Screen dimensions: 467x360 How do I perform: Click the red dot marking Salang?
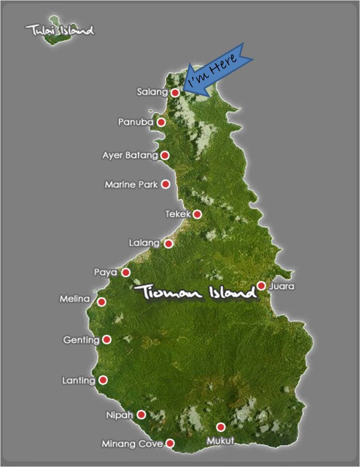pyautogui.click(x=175, y=93)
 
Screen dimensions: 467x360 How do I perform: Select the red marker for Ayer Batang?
pyautogui.click(x=165, y=155)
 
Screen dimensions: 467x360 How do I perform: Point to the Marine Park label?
pyautogui.click(x=131, y=184)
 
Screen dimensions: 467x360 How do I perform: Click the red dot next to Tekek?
pyautogui.click(x=197, y=214)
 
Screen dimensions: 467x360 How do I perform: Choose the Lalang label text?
pyautogui.click(x=144, y=243)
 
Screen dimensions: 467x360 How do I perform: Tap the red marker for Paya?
pyautogui.click(x=126, y=272)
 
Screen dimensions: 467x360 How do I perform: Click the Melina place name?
pyautogui.click(x=74, y=298)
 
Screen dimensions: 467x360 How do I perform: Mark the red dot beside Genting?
pyautogui.click(x=107, y=339)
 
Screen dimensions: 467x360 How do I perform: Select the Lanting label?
pyautogui.click(x=78, y=380)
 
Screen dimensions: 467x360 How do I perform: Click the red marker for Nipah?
pyautogui.click(x=142, y=414)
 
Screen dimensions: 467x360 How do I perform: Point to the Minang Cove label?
pyautogui.click(x=132, y=444)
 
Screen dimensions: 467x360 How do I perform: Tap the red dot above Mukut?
pyautogui.click(x=221, y=427)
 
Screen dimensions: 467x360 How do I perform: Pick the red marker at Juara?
pyautogui.click(x=261, y=286)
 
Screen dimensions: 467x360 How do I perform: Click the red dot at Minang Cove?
pyautogui.click(x=170, y=443)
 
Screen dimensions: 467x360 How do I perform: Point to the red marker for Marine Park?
pyautogui.click(x=166, y=184)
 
